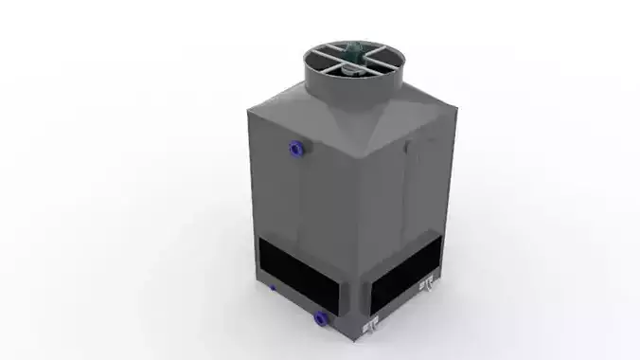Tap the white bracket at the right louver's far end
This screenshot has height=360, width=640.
426,283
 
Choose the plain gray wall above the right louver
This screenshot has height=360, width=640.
407,199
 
